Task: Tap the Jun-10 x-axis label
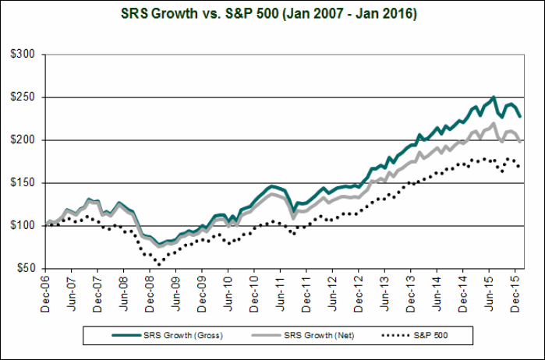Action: (229, 293)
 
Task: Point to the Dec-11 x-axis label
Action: (308, 293)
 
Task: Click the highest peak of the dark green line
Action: (494, 97)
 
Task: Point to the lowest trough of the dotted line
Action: (159, 264)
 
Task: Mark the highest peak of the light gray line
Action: (494, 123)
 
